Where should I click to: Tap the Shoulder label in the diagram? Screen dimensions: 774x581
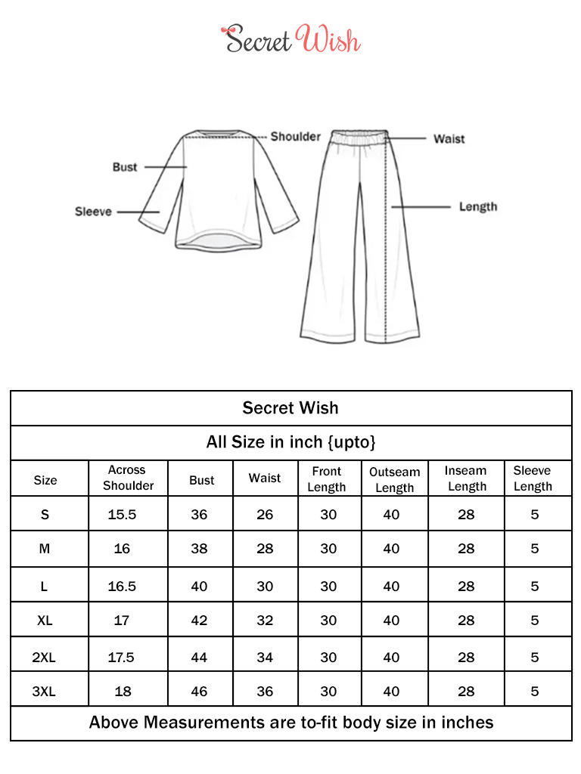[296, 137]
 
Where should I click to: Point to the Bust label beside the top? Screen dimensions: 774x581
[125, 167]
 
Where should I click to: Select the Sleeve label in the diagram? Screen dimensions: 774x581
[93, 212]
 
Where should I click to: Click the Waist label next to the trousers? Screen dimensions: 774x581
[449, 139]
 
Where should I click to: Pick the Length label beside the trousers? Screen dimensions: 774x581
[478, 206]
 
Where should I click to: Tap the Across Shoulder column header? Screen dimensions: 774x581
[128, 478]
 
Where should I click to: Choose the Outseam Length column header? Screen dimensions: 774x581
[394, 479]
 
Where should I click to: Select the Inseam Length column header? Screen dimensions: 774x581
[466, 478]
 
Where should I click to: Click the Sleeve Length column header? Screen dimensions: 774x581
[533, 478]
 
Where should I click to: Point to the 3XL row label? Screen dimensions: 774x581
[45, 691]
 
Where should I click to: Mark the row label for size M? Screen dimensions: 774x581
[45, 549]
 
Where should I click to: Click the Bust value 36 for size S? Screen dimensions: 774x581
[199, 515]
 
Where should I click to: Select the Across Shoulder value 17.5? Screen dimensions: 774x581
[121, 658]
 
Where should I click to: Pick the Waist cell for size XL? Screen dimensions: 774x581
[265, 621]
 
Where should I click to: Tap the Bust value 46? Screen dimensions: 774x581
[199, 691]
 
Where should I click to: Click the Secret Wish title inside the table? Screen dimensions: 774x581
[290, 408]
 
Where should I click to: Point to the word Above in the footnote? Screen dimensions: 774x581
[114, 723]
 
